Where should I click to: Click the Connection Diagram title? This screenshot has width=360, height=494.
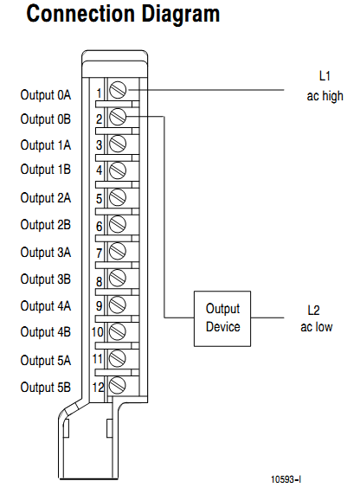tap(123, 16)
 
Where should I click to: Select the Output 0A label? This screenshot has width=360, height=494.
tap(45, 93)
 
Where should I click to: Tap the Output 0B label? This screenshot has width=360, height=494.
tap(45, 119)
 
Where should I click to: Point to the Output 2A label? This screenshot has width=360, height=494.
tap(45, 198)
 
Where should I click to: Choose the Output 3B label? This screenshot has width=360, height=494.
tap(45, 279)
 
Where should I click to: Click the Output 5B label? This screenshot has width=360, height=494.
tap(45, 386)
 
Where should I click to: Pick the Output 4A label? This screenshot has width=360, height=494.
tap(45, 305)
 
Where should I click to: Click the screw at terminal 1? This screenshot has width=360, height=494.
tap(118, 91)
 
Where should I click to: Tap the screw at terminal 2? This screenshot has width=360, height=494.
tap(118, 117)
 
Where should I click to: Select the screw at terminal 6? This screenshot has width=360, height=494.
tap(118, 225)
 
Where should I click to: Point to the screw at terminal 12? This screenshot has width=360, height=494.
tap(118, 385)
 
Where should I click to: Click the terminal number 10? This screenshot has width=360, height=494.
tap(98, 332)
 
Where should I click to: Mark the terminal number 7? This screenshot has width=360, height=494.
tap(100, 253)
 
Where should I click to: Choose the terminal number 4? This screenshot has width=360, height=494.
tap(100, 171)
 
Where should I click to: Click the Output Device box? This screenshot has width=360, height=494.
tap(222, 318)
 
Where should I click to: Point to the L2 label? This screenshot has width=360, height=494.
tap(313, 309)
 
